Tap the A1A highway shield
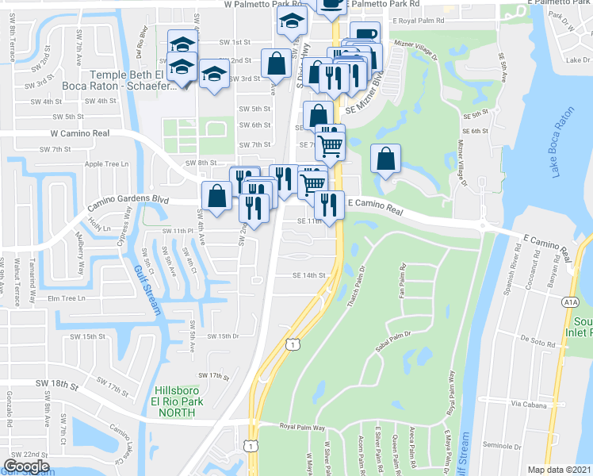click(570, 301)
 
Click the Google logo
click(26, 466)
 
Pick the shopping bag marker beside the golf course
click(384, 159)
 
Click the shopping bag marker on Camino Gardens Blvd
click(216, 195)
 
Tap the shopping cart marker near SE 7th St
click(330, 143)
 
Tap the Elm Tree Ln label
click(66, 298)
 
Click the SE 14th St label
click(309, 275)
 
